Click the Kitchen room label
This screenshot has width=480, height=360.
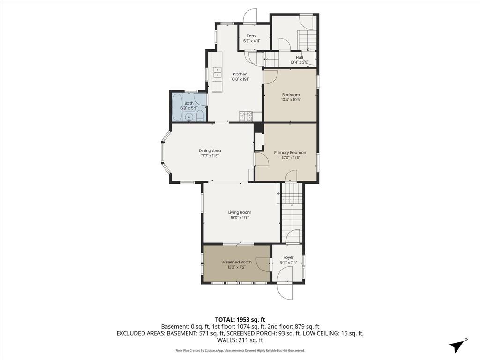pos(240,74)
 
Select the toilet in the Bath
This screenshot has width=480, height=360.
pos(200,116)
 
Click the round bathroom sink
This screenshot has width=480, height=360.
pos(188,117)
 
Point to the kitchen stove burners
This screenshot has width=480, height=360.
pos(245,115)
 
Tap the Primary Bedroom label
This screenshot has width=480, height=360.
pos(291,152)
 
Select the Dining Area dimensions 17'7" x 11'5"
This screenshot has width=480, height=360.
pos(210,156)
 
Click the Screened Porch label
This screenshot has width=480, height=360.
pos(236,262)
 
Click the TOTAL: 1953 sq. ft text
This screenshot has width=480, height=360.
pos(240,320)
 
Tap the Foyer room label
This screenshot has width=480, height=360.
pos(289,257)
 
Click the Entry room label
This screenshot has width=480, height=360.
pos(252,36)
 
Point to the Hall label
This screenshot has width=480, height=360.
pos(299,57)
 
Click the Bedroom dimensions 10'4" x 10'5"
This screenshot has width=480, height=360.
pos(291,99)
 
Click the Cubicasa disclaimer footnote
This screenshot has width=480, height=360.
pos(240,350)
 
